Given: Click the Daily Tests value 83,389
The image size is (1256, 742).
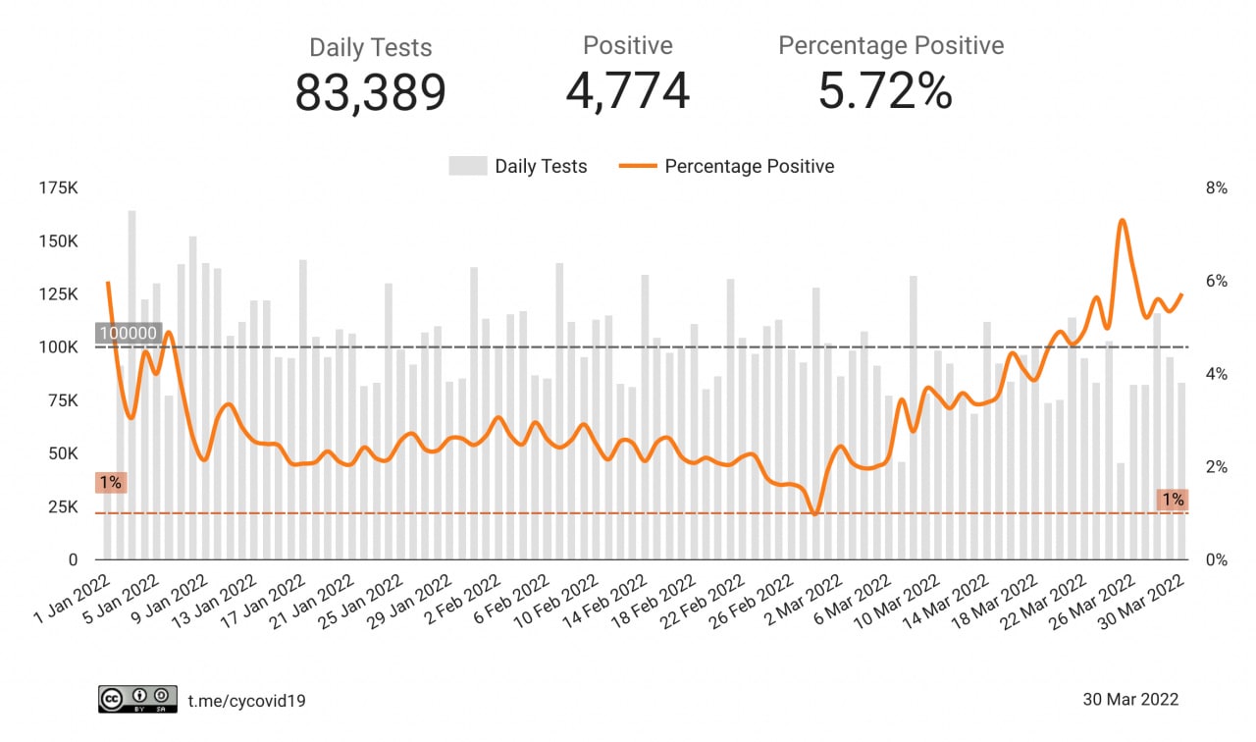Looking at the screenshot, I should [371, 93].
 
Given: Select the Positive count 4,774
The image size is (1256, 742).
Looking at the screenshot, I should [628, 91].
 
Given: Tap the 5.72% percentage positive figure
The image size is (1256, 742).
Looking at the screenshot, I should [885, 91].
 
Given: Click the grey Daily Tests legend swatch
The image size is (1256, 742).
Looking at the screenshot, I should [467, 167].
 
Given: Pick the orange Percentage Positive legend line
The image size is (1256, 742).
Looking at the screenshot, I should [638, 167].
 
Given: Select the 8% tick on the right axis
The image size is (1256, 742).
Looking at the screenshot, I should [1216, 188].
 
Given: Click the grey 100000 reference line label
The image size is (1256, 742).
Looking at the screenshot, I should [128, 334].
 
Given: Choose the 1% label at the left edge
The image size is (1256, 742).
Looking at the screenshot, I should [110, 483].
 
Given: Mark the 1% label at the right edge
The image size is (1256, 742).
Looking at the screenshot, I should [1173, 500].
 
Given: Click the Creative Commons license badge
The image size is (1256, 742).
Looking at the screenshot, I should [137, 699].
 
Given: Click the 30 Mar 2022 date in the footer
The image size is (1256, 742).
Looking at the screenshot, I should [1130, 700].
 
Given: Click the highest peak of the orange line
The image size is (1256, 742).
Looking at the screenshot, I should [1122, 221].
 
